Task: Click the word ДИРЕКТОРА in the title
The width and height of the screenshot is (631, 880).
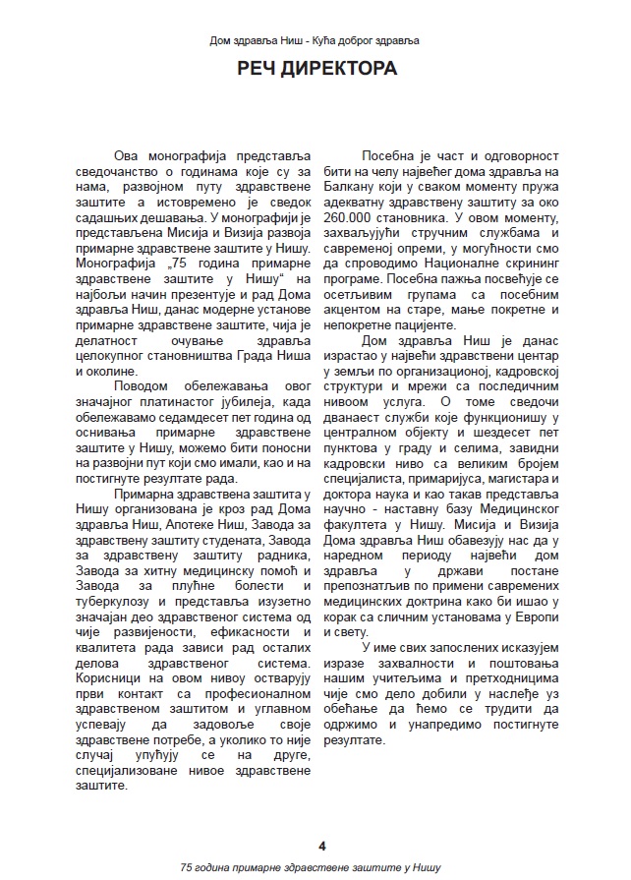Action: tap(338, 70)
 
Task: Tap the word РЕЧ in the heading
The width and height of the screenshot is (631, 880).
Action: tap(259, 70)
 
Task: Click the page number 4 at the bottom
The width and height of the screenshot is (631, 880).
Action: tap(321, 845)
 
